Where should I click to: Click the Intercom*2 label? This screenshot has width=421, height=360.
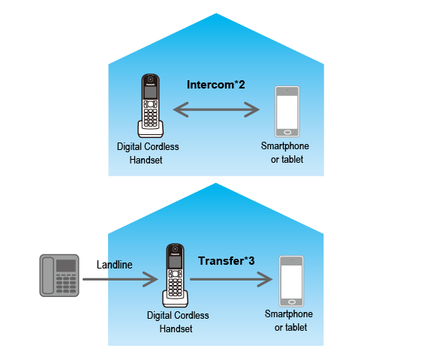tap(216, 85)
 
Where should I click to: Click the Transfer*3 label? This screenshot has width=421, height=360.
tap(226, 261)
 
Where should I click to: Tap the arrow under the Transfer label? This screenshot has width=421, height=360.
tap(230, 280)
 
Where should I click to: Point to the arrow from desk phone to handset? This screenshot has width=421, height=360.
tap(120, 280)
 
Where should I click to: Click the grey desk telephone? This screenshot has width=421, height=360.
tap(59, 274)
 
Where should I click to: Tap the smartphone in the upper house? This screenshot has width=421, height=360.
tap(287, 111)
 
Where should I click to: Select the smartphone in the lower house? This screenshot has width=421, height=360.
tap(290, 280)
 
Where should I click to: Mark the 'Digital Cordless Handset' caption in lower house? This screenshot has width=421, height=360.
tap(178, 322)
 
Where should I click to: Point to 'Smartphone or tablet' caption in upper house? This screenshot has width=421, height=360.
tap(285, 152)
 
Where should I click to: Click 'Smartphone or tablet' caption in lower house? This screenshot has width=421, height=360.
tap(289, 321)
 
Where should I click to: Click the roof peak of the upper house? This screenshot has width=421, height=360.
tap(216, 15)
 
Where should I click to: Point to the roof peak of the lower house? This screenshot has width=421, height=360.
tap(216, 184)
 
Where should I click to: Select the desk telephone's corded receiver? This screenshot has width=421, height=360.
tap(47, 274)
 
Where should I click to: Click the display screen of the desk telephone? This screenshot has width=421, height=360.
tap(65, 265)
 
